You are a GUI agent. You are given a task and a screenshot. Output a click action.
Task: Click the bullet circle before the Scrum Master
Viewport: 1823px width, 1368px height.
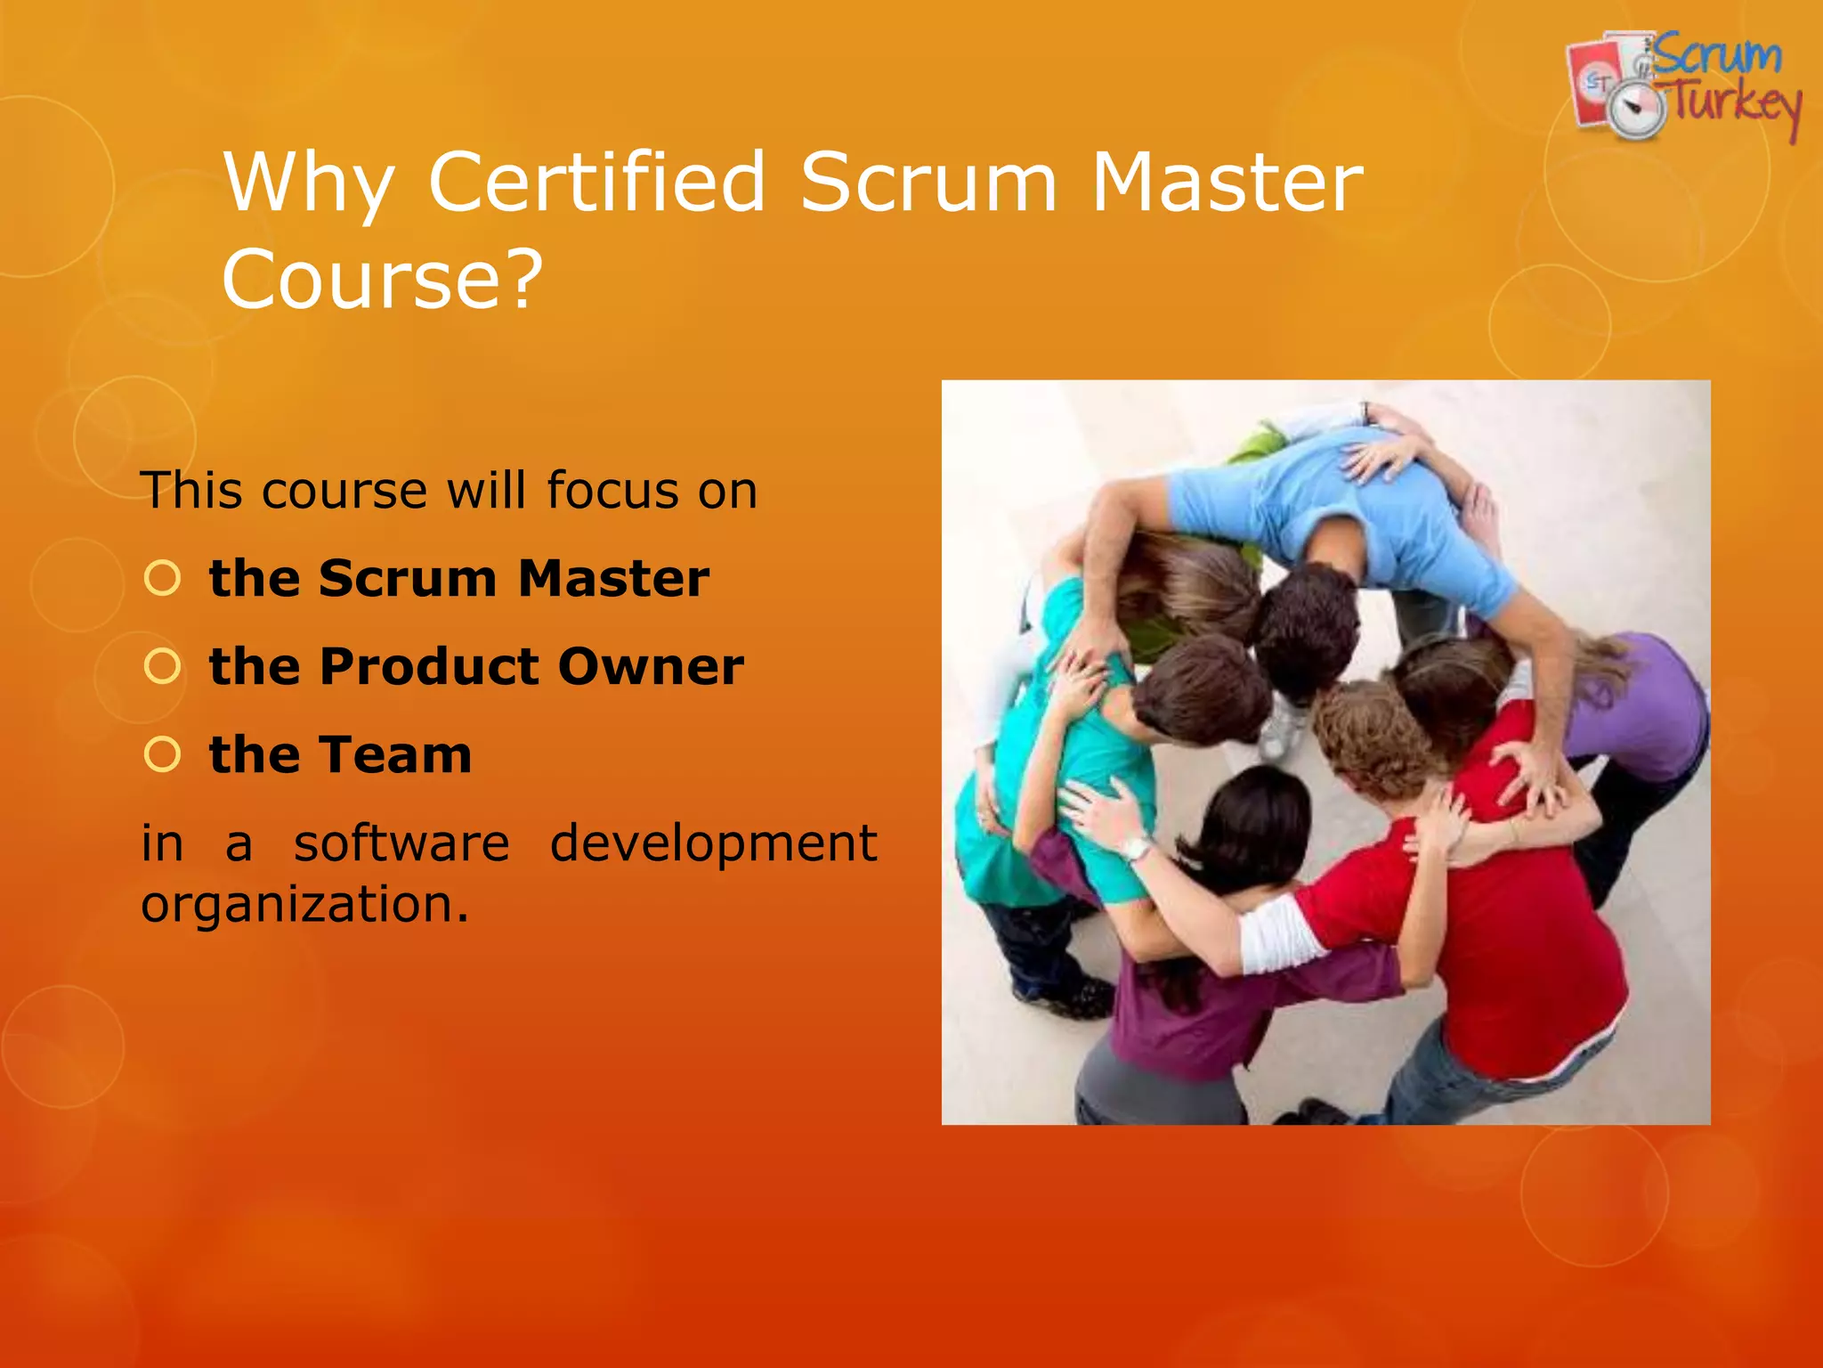pos(162,579)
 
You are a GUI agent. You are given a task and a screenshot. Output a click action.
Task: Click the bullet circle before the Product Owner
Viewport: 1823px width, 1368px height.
pos(162,666)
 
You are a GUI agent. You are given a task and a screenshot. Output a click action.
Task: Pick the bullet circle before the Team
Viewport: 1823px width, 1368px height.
pos(162,754)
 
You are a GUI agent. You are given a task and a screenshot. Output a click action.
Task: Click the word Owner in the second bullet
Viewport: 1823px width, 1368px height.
pos(651,666)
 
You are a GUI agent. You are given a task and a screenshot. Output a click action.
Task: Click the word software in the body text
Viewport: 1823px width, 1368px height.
pos(401,843)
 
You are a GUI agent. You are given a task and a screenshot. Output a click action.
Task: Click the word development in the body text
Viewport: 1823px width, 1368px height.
pos(713,843)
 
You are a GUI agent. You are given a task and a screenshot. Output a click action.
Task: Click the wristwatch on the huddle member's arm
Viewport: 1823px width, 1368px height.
pos(1136,847)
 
